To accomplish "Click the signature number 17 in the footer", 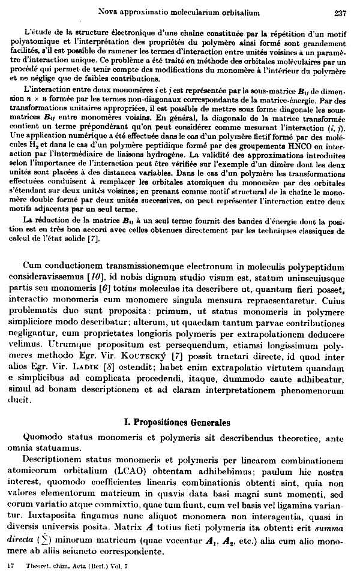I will point(10,566).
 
